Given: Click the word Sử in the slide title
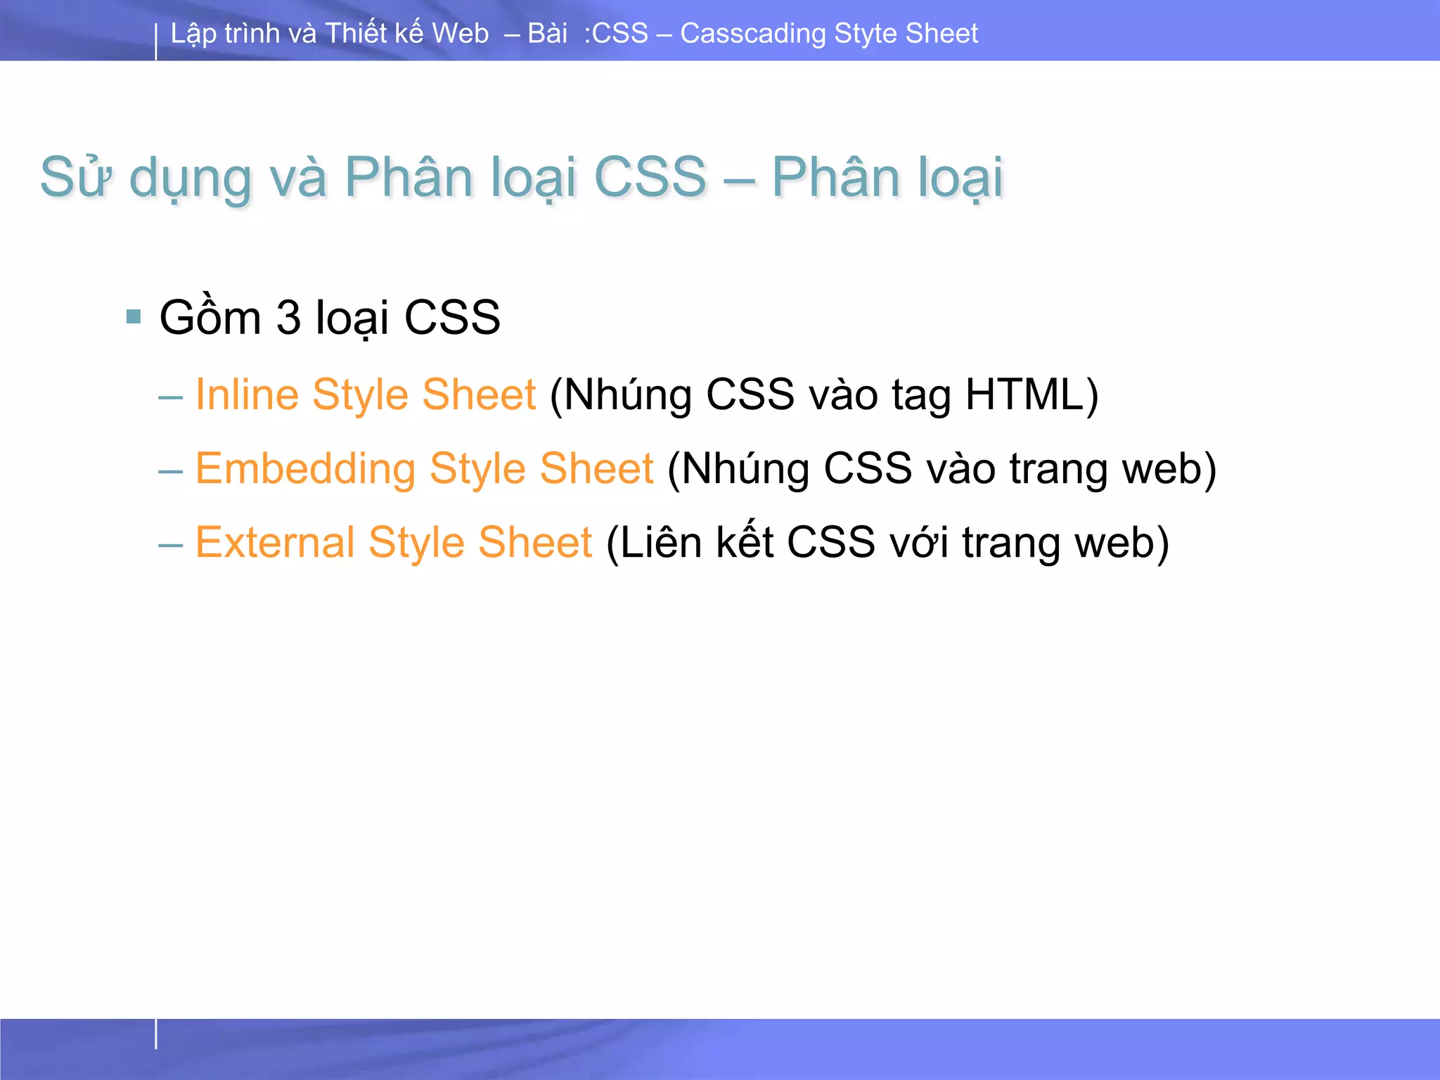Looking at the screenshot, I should click(x=76, y=177).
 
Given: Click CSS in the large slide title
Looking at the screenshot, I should click(x=650, y=177).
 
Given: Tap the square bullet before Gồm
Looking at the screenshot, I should click(x=134, y=316).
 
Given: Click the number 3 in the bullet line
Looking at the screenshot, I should click(x=288, y=318).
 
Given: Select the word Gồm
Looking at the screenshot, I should click(x=210, y=316).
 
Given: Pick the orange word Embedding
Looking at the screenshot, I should click(x=305, y=468).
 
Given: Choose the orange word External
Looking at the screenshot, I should click(x=274, y=542).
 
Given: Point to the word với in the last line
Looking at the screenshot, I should click(x=919, y=544).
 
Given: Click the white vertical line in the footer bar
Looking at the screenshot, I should click(x=156, y=1034).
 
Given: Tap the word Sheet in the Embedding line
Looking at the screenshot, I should click(x=596, y=468).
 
